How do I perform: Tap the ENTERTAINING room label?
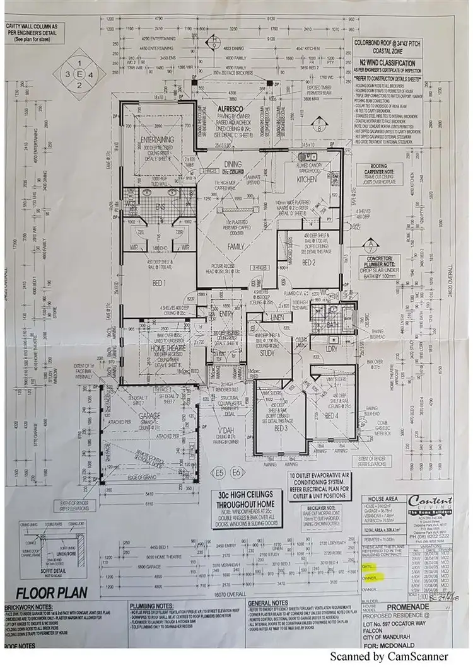pos(158,139)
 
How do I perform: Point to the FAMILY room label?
pos(235,246)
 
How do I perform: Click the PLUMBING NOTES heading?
pos(155,604)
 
